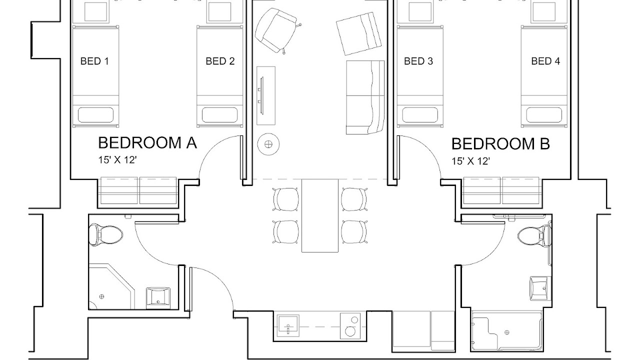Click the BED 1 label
click(x=94, y=61)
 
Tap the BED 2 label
click(x=220, y=61)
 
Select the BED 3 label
click(x=418, y=61)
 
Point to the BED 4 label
click(x=545, y=61)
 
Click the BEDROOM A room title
click(x=147, y=143)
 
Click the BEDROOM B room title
click(x=500, y=143)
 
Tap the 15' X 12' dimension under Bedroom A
click(x=117, y=160)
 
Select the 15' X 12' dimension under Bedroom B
click(x=470, y=161)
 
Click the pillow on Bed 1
click(x=95, y=115)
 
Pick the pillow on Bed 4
click(x=544, y=115)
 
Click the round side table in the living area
click(x=268, y=144)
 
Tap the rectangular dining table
click(x=320, y=215)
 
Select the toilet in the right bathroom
click(x=534, y=237)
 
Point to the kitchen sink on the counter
click(x=288, y=325)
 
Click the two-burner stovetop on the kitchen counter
click(x=350, y=326)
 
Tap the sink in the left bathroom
click(x=158, y=298)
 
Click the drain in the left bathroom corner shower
click(x=101, y=296)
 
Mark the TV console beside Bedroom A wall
click(x=266, y=95)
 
